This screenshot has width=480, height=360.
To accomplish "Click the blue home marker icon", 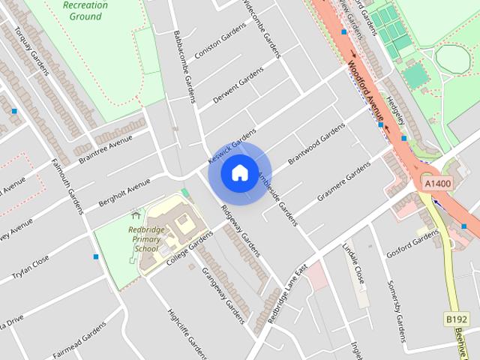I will click(239, 173).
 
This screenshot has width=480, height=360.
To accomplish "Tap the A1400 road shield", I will click(437, 183).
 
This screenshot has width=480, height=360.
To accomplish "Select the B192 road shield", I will click(457, 319).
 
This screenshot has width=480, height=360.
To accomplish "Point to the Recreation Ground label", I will click(85, 10).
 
